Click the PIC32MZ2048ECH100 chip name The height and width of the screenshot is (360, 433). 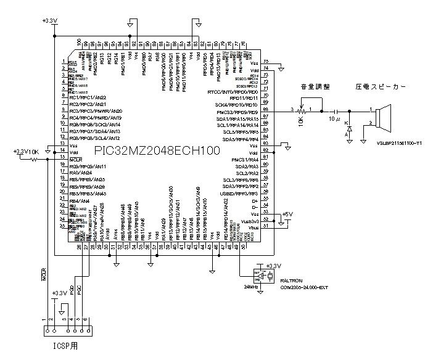(x=157, y=150)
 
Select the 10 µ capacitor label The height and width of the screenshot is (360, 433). (x=334, y=118)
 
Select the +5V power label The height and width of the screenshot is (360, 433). (x=287, y=215)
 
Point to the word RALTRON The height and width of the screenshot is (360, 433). (x=291, y=280)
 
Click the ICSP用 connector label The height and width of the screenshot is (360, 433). (x=64, y=346)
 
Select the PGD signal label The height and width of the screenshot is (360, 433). (x=72, y=289)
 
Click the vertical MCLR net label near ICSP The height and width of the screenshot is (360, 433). (x=44, y=274)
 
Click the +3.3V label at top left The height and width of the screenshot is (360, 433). (x=49, y=21)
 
